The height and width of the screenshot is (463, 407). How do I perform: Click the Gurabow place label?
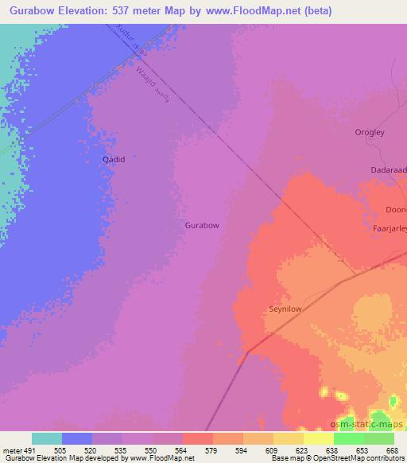(x=202, y=225)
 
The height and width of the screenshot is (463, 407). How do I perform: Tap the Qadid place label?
(x=114, y=159)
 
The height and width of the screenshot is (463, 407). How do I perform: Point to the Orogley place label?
(x=370, y=134)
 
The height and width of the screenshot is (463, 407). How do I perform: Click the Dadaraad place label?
(x=389, y=169)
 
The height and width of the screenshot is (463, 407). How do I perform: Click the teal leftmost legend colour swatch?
(x=47, y=438)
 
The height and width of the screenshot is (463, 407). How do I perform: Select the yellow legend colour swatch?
(x=319, y=438)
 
